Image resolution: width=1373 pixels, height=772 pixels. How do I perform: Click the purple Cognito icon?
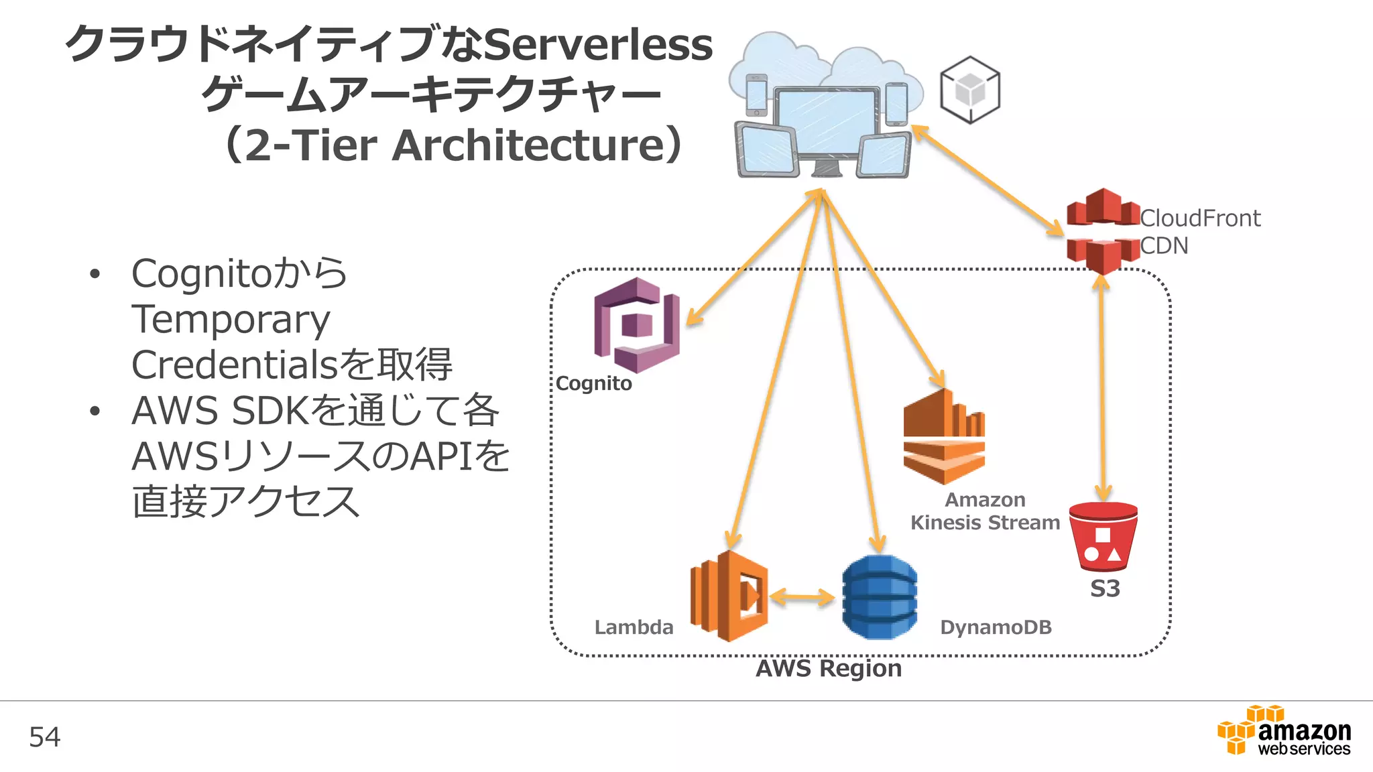coord(636,325)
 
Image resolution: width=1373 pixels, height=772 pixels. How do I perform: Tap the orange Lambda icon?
coord(729,596)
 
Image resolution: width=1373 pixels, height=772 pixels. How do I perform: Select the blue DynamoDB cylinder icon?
coord(879,596)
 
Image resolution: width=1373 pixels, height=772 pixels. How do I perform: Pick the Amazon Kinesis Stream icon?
coord(944,437)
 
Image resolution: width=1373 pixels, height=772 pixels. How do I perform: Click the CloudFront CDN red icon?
coord(1103,231)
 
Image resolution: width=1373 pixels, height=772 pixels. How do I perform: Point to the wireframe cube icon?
coord(969,90)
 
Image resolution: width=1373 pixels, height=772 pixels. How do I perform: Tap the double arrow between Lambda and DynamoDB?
coord(802,596)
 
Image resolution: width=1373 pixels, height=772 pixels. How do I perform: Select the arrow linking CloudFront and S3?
coord(1102,389)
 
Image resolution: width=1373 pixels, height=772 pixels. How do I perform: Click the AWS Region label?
coord(829,668)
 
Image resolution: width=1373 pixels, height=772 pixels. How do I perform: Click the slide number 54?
coord(45,737)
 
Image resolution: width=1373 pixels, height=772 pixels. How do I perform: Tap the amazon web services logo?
coord(1284,731)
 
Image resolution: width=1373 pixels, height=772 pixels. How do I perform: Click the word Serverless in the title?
coord(597,46)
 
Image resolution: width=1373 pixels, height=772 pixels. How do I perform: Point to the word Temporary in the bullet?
coord(231,319)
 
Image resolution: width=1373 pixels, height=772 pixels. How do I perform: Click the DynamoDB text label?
coord(996,627)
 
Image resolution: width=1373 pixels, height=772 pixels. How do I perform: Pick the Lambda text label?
coord(634,627)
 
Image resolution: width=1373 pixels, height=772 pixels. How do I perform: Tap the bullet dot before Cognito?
coord(95,273)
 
